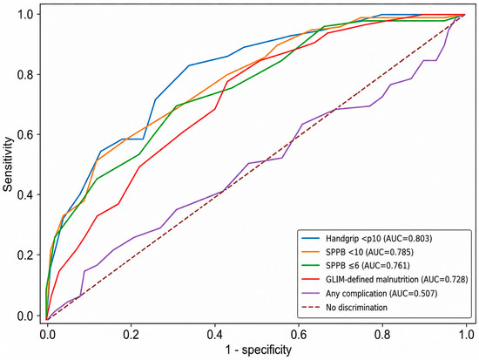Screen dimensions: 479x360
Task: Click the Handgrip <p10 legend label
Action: pos(379,238)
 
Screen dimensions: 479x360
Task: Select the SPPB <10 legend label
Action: pos(369,252)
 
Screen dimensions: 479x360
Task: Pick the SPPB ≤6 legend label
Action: pos(368,266)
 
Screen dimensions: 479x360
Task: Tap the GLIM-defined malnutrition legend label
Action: pos(397,280)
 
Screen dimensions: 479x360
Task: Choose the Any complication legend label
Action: pos(381,294)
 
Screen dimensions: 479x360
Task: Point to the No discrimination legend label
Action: pos(356,307)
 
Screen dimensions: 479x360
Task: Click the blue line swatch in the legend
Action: pos(311,238)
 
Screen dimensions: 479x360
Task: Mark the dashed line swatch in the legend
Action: pos(311,307)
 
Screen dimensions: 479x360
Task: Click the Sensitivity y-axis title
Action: pos(8,165)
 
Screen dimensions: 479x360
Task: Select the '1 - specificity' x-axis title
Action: pos(259,350)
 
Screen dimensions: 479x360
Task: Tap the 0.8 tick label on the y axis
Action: pos(25,74)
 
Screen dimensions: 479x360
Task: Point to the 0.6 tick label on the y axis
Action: pos(25,134)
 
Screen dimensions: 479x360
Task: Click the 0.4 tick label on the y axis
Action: pos(25,195)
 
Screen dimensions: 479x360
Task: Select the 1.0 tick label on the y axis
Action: pos(25,14)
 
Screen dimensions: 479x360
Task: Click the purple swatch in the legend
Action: pos(311,294)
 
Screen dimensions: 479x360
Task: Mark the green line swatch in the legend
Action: pos(311,266)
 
